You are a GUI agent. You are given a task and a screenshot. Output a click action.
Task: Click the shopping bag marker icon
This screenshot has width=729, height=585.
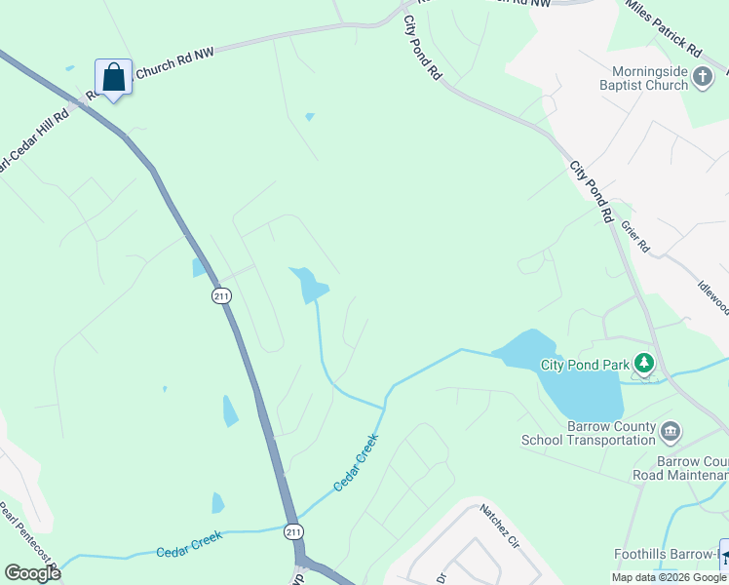click(x=113, y=77)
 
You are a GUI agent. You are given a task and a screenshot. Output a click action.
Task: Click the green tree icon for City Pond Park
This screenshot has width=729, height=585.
click(x=643, y=365)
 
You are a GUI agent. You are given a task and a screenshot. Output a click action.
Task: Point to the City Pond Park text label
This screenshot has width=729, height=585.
click(x=586, y=366)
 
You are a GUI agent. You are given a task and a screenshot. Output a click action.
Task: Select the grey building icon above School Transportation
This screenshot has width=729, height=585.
click(x=670, y=431)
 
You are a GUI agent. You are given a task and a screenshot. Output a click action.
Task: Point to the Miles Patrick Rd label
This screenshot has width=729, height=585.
click(x=666, y=35)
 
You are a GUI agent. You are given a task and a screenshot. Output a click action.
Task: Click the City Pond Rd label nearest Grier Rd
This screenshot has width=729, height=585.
click(x=592, y=191)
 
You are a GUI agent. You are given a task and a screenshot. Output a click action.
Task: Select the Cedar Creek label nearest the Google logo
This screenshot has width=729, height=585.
click(x=189, y=544)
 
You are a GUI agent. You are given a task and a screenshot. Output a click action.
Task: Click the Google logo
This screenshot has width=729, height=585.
click(x=32, y=573)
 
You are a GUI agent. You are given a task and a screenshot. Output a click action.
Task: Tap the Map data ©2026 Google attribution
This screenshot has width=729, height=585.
click(x=669, y=577)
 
